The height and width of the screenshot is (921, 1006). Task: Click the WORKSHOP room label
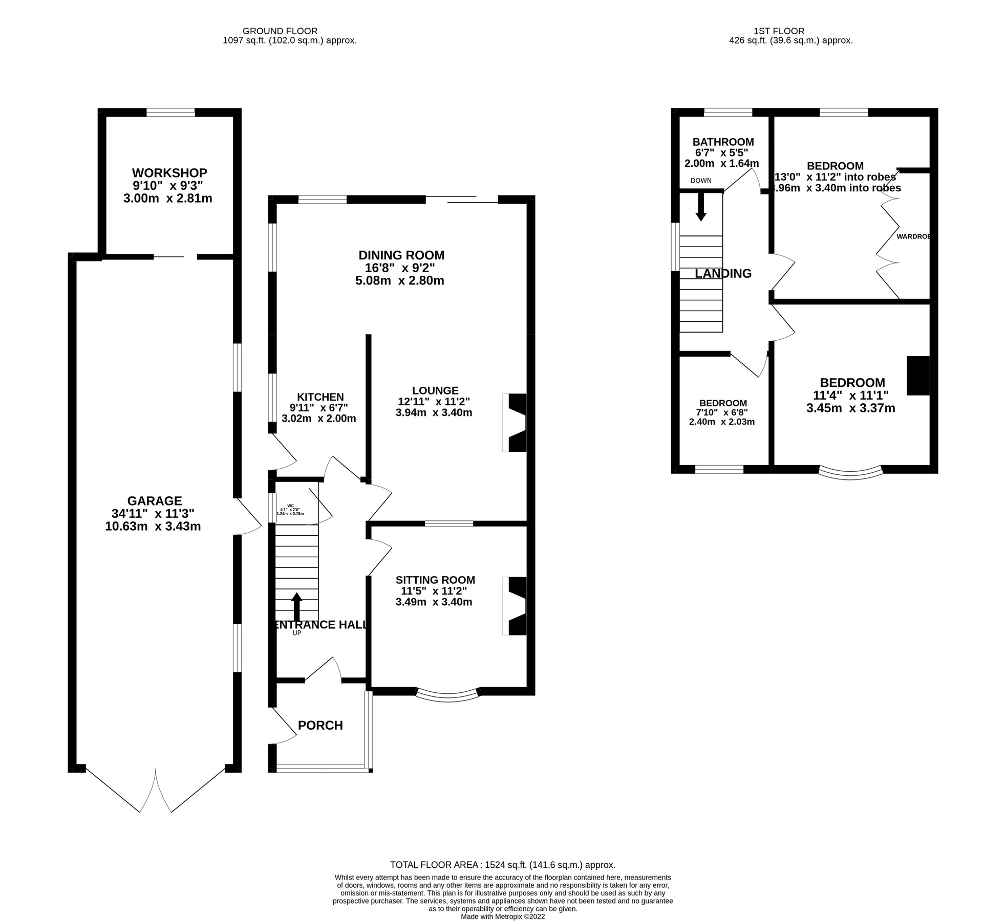point(169,173)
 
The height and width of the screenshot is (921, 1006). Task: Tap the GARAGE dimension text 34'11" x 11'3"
point(153,513)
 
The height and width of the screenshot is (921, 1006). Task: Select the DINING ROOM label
point(401,255)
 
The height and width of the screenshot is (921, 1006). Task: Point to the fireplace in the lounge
point(516,423)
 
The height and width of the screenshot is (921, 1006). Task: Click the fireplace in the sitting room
point(516,606)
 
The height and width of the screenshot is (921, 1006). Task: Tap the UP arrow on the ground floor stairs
point(296,607)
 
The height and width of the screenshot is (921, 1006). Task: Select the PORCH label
point(320,725)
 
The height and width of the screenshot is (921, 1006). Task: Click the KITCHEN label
point(320,397)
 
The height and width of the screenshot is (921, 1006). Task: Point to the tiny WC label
point(291,505)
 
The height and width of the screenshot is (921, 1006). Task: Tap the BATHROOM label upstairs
point(723,142)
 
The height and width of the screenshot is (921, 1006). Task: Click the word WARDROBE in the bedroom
point(913,236)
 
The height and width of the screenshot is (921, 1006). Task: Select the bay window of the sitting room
point(448,696)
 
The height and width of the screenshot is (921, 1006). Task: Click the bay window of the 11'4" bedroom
point(851,473)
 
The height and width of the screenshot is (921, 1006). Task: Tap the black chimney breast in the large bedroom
point(918,376)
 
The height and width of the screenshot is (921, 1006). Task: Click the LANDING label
point(723,274)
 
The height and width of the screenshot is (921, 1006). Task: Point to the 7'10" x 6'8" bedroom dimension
point(721,412)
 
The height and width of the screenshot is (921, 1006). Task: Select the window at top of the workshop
point(170,112)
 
